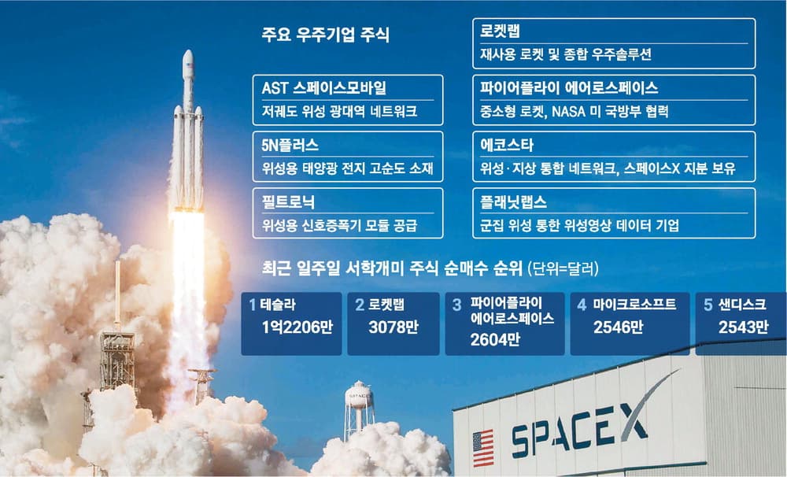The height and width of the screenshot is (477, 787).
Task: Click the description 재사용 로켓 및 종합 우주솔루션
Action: point(565,55)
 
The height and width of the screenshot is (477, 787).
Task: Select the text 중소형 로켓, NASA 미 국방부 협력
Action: point(574,112)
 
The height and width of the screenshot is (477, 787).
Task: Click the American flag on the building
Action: point(482,447)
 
